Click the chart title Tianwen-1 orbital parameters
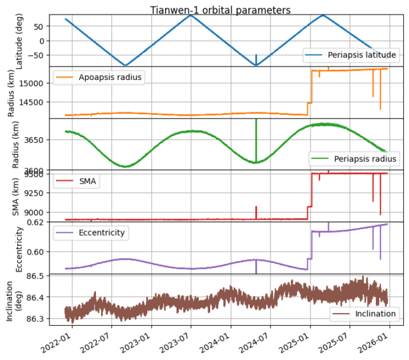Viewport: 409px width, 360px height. pos(220,10)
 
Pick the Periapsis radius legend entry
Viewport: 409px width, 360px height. pos(365,158)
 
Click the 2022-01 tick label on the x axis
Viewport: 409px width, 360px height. pos(65,335)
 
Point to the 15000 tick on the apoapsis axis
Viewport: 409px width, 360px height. pos(34,83)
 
